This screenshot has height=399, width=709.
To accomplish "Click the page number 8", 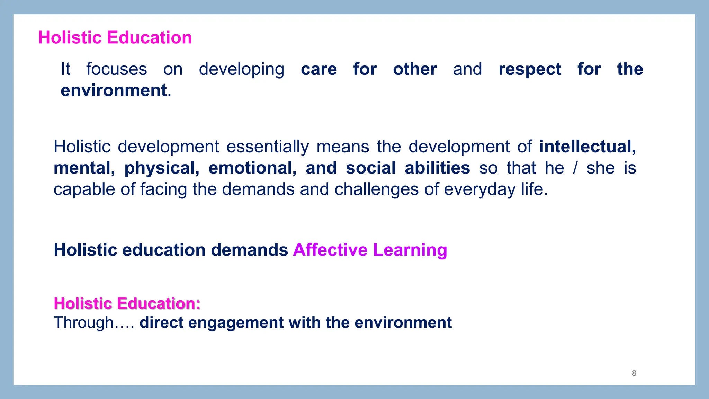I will coord(634,373).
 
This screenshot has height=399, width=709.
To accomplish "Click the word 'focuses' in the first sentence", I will coord(117,69).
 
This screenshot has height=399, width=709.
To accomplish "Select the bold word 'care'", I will coord(319,69).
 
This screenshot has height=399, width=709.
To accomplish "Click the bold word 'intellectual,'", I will coord(587,147).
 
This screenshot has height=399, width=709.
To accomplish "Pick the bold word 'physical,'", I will coord(162,168).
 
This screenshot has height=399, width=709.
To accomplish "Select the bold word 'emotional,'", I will coord(252,168).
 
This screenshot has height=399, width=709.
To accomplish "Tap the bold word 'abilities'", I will coord(437,168).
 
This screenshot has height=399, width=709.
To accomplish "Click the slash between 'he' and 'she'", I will coord(575,168).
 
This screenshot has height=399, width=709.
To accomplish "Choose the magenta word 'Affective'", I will coord(330,250).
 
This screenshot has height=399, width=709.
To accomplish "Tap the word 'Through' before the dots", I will coord(83,323).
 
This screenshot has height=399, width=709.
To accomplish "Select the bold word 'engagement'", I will coord(236,323).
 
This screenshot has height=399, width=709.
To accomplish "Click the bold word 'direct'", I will coord(161,322).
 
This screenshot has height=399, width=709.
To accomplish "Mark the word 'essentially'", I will coord(268,147).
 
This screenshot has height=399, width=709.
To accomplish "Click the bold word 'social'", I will coord(370,168).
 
